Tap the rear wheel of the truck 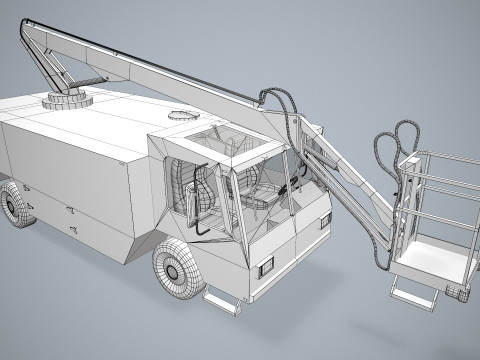coord(15,205)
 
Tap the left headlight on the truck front coord(265,266)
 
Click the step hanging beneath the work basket coord(412,294)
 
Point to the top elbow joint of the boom coord(31,26)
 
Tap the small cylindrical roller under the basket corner coord(459,292)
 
